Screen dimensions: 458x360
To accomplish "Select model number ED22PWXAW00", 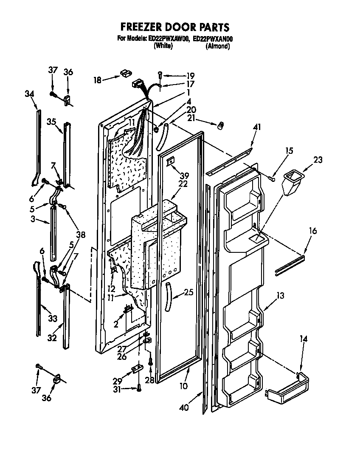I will pos(168,39).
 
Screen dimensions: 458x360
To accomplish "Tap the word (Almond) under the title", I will pos(217,46).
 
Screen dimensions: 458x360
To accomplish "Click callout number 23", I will pos(318,160).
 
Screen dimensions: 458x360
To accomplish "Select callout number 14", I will pos(304,339).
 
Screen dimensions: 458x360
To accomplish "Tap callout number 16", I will pos(313,231).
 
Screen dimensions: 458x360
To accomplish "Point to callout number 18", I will pos(98,79).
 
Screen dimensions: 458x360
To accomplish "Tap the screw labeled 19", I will pos(160,75).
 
